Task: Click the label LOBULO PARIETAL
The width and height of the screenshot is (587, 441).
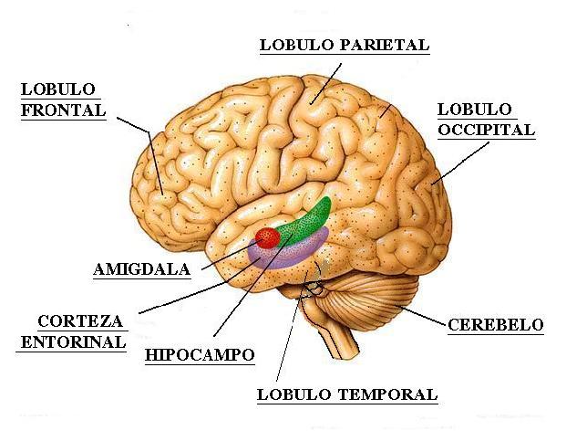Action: click(x=344, y=44)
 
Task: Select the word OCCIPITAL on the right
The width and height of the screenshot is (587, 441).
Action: click(x=486, y=130)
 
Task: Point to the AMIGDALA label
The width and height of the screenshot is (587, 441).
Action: click(x=141, y=269)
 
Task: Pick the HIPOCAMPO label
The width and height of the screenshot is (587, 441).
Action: click(x=200, y=354)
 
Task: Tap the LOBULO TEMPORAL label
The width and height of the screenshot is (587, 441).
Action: click(x=347, y=395)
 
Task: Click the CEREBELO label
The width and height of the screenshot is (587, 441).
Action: click(x=495, y=324)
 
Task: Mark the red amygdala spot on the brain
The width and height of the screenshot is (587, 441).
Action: click(x=267, y=237)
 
